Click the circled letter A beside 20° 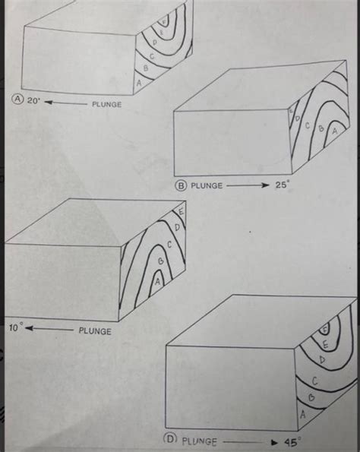pos(14,99)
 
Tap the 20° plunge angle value pos(31,100)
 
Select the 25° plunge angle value pos(283,184)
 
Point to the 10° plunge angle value pos(16,327)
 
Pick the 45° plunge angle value pos(292,440)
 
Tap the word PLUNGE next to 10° pos(95,330)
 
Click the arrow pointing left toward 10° pos(50,329)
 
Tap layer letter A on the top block pos(139,80)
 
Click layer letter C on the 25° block pos(309,124)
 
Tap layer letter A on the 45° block pos(303,416)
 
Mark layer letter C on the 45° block pos(314,380)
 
